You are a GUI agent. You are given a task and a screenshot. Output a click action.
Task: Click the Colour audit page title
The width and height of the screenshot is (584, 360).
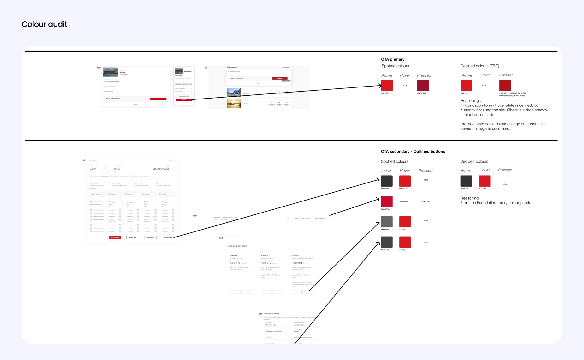[45, 24]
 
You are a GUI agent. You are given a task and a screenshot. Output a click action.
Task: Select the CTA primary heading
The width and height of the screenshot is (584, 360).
[392, 59]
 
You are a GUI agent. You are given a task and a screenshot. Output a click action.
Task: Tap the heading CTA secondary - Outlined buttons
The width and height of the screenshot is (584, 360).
[413, 152]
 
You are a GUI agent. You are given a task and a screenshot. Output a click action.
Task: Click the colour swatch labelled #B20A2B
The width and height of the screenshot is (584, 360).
[423, 86]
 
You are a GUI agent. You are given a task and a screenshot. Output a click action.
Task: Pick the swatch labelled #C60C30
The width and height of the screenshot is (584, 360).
[387, 201]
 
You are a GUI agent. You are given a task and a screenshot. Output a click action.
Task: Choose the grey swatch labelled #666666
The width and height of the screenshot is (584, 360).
[387, 222]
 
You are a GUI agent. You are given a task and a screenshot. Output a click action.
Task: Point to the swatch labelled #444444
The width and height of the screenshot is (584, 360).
[387, 242]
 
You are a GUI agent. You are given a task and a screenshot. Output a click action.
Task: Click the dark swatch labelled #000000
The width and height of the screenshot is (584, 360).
[387, 181]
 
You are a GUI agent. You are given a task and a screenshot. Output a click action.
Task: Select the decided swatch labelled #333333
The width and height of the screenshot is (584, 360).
[466, 181]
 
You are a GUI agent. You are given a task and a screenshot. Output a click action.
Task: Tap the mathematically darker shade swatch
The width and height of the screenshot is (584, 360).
[505, 86]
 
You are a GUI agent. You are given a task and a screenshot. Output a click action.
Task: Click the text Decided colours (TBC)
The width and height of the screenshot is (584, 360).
[480, 66]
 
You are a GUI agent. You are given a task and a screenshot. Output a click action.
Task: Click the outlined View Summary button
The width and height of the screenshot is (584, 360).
[321, 219]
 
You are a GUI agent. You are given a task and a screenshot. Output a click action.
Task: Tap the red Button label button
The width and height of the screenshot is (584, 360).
[115, 237]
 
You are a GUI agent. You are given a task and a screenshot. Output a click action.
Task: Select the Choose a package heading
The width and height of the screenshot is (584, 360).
[236, 246]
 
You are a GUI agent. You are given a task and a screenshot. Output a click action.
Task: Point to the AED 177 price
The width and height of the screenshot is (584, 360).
[235, 263]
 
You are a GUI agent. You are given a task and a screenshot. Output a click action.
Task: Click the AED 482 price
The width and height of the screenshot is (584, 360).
[297, 263]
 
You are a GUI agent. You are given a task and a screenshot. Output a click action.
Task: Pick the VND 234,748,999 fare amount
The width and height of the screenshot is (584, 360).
[161, 169]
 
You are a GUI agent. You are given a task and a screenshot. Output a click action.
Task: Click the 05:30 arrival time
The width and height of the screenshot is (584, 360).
[117, 169]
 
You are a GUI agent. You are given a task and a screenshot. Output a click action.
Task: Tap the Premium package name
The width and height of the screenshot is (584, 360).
[295, 255]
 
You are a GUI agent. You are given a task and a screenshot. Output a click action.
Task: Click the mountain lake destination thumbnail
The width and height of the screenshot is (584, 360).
[234, 92]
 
